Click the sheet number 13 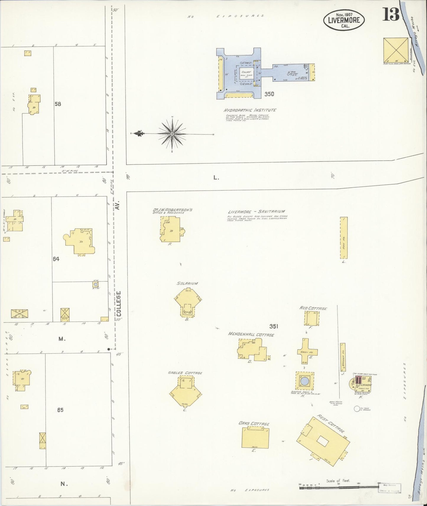[391, 14]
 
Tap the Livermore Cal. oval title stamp [344, 20]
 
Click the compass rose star [172, 134]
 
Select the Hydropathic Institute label [250, 110]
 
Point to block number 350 [269, 94]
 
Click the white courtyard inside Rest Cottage [322, 442]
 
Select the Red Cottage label [313, 308]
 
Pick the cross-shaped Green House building [307, 351]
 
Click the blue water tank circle [304, 381]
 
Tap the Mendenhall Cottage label [251, 335]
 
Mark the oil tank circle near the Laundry [357, 409]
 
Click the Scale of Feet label [338, 481]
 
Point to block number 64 [56, 259]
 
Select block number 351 [274, 326]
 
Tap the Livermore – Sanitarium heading [256, 212]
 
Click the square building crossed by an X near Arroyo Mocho [395, 49]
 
